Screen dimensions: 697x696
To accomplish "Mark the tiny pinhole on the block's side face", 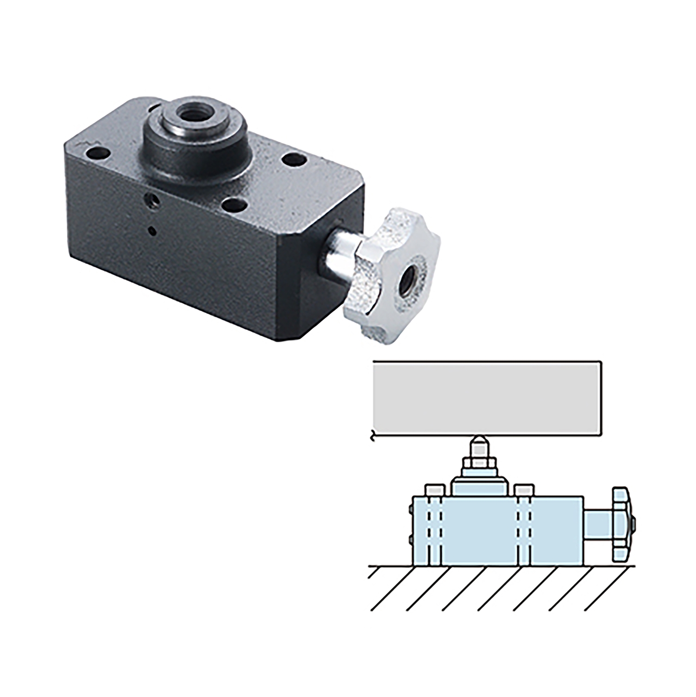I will click(x=151, y=229).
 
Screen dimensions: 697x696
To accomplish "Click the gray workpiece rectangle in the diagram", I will click(x=488, y=397).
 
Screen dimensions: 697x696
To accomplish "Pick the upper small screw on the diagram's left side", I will click(x=411, y=510).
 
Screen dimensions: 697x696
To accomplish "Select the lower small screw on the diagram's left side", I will click(x=411, y=539).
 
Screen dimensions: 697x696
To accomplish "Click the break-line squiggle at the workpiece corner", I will click(x=373, y=437).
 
